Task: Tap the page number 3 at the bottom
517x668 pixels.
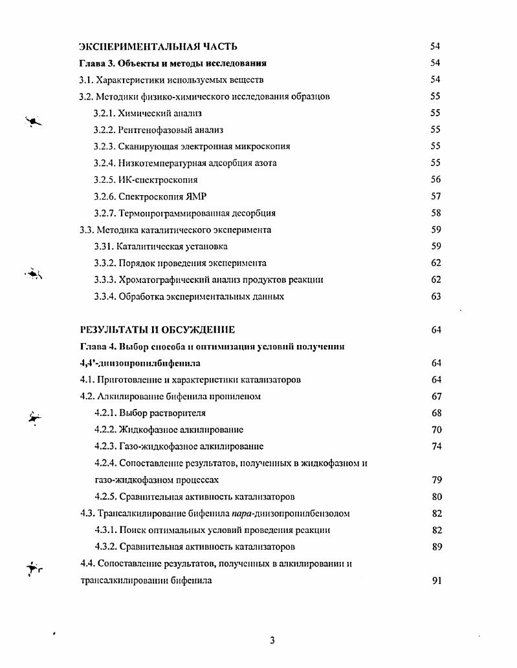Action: click(x=272, y=640)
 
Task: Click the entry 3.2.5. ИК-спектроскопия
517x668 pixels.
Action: click(x=146, y=180)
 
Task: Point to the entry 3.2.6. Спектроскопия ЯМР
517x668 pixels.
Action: click(x=149, y=196)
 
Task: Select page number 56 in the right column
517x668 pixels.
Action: click(x=435, y=180)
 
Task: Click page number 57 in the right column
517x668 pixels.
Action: click(x=435, y=196)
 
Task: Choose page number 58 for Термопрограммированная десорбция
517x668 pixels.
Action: click(x=435, y=213)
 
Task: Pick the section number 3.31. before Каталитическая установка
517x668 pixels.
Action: click(x=104, y=247)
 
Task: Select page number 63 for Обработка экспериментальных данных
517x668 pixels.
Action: click(x=435, y=297)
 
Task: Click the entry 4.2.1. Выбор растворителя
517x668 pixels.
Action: click(x=150, y=413)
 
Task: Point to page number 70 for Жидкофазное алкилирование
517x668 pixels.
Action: click(x=436, y=430)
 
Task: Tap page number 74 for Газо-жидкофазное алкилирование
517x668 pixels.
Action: click(x=436, y=446)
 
